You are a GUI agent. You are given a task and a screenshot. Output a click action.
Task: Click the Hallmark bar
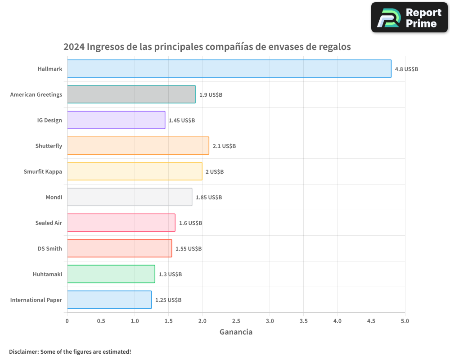[x=229, y=69]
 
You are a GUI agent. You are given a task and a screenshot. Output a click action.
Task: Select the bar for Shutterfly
[x=138, y=146]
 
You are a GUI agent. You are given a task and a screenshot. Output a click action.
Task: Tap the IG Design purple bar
[x=116, y=120]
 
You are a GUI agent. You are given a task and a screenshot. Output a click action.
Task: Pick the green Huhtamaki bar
[x=111, y=274]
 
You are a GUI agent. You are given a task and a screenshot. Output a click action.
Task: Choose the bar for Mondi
[x=130, y=197]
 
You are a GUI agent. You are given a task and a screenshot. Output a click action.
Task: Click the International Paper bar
[x=109, y=300]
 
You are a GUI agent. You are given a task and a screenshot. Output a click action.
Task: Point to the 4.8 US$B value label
[x=406, y=69]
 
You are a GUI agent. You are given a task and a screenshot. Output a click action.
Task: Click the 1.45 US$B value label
[x=182, y=121]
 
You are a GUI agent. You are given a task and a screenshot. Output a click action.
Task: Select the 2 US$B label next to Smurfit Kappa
[x=215, y=172]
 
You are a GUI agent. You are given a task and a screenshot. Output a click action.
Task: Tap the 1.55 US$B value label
[x=189, y=249]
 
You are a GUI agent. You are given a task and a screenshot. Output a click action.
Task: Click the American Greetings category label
[x=36, y=94]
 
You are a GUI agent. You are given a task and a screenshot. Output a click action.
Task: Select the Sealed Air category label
[x=49, y=223]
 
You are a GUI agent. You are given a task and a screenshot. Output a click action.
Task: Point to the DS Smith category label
[x=50, y=249]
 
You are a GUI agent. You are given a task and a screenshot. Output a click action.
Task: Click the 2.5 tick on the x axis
[x=236, y=321]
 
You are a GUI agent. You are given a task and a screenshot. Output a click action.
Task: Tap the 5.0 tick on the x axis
[x=405, y=321]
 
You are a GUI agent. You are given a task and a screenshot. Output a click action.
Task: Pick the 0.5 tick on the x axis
[x=101, y=321]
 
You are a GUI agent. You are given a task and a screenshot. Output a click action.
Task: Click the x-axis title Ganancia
[x=236, y=332]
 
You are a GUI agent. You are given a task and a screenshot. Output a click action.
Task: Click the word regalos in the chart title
[x=333, y=47]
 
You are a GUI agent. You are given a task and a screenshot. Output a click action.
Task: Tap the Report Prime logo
[x=409, y=18]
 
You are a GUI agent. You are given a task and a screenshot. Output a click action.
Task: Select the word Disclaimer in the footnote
[x=23, y=351]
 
